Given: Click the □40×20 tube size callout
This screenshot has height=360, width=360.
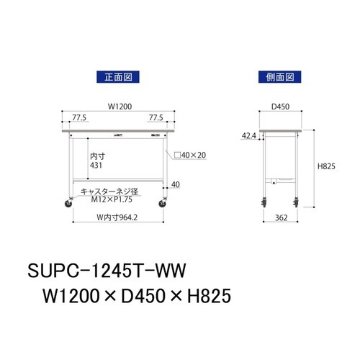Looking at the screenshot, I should pos(189,154).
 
